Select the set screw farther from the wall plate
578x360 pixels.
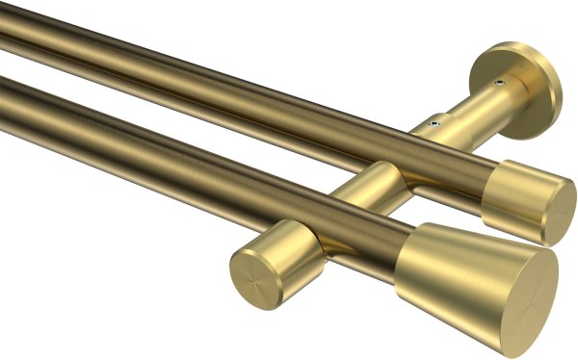tap(436, 123)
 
